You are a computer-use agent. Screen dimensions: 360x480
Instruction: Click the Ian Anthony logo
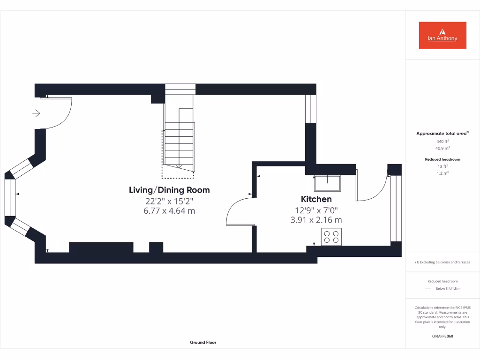point(442,35)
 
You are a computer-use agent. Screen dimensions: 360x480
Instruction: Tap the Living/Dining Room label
point(169,190)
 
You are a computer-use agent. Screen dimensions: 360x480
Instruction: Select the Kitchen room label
point(316,199)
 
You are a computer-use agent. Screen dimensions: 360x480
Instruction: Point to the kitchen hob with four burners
point(331,236)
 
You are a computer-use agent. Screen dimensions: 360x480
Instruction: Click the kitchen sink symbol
point(328,183)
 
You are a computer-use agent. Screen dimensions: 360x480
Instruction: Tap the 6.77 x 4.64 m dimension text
point(169,211)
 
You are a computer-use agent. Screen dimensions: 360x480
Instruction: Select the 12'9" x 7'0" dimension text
point(316,210)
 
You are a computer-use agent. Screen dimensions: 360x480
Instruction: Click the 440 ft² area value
point(442,141)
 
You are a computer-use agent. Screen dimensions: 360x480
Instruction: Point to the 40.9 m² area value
point(442,148)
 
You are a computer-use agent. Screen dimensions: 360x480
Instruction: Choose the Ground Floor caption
point(203,343)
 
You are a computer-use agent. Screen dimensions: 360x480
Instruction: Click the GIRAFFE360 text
point(442,336)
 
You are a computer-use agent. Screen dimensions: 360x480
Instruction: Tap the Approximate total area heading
point(442,134)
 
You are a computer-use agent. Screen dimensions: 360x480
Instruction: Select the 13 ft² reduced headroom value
point(442,166)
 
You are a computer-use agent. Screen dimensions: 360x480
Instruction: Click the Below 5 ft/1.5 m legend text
point(448,289)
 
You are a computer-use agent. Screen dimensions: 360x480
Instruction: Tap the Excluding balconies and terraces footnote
point(442,262)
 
